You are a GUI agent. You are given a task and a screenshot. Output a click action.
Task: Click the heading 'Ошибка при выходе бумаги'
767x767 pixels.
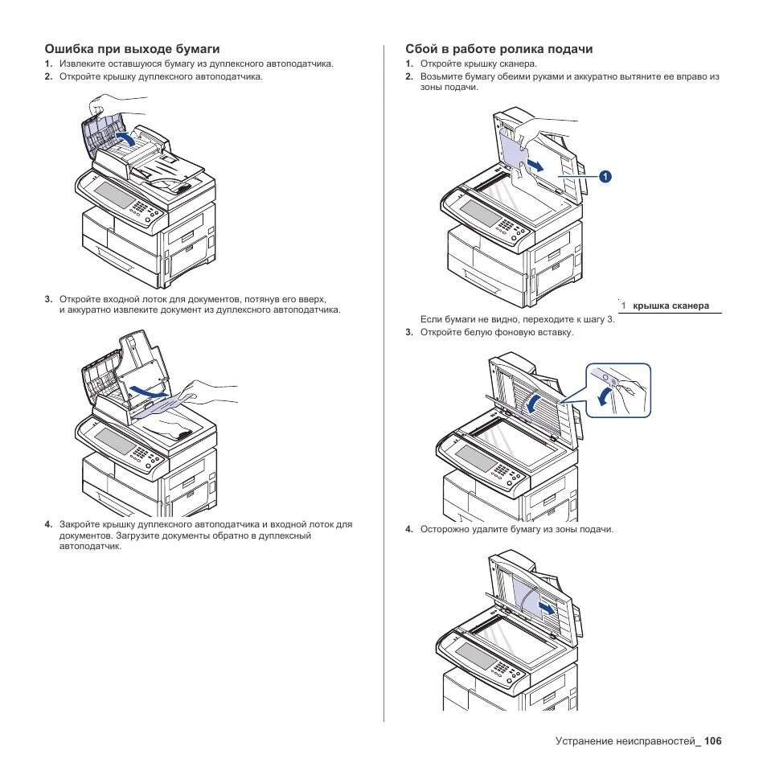point(132,49)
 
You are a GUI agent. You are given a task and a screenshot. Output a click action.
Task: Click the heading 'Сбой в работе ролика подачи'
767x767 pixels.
point(498,49)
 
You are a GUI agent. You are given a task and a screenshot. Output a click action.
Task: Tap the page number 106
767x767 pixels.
point(712,741)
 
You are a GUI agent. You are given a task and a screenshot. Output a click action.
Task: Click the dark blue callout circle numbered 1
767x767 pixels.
point(604,175)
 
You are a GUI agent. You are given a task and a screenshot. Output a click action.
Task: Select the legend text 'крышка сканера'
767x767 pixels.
point(671,306)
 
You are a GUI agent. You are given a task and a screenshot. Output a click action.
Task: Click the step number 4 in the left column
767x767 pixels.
point(48,524)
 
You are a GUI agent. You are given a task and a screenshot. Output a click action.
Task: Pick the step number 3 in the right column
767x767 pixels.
point(408,332)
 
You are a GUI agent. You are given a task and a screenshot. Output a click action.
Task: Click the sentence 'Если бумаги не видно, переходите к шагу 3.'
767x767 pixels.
point(517,319)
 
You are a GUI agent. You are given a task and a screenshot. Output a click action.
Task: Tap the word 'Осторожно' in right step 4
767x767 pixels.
point(445,530)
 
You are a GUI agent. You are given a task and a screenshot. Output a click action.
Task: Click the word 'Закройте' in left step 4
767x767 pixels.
point(80,524)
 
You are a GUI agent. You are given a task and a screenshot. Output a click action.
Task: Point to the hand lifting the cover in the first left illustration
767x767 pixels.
point(109,104)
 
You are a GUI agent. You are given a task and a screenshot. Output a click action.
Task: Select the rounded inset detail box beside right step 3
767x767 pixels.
point(617,390)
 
